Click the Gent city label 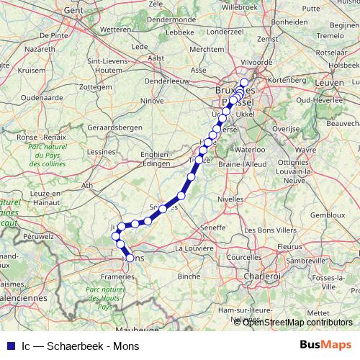click(x=73, y=11)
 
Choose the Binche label click(x=189, y=276)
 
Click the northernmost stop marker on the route click(x=244, y=82)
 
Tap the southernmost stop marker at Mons click(x=130, y=257)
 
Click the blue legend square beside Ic click(x=8, y=344)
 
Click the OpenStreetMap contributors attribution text click(x=297, y=322)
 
